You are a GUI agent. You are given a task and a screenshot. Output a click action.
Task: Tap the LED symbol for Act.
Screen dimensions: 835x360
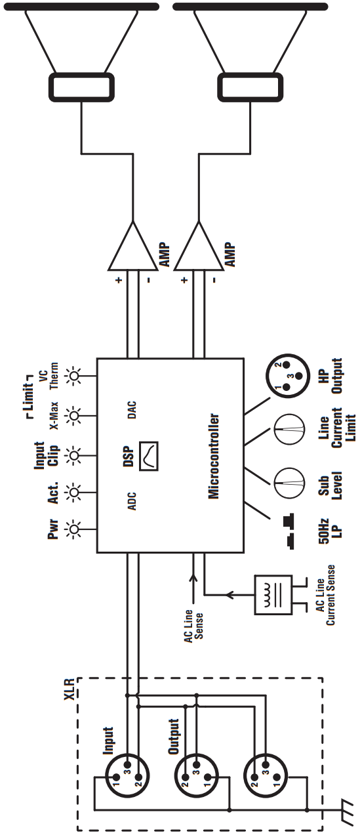tap(75, 490)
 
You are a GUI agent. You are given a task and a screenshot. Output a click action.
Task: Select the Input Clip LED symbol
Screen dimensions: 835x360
tap(75, 453)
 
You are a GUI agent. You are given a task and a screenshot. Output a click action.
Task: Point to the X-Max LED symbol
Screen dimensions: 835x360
tap(75, 416)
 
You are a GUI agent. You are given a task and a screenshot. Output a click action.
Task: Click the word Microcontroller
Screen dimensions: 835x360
tap(213, 456)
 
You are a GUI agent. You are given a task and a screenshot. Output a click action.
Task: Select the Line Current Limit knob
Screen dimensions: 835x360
tap(287, 431)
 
